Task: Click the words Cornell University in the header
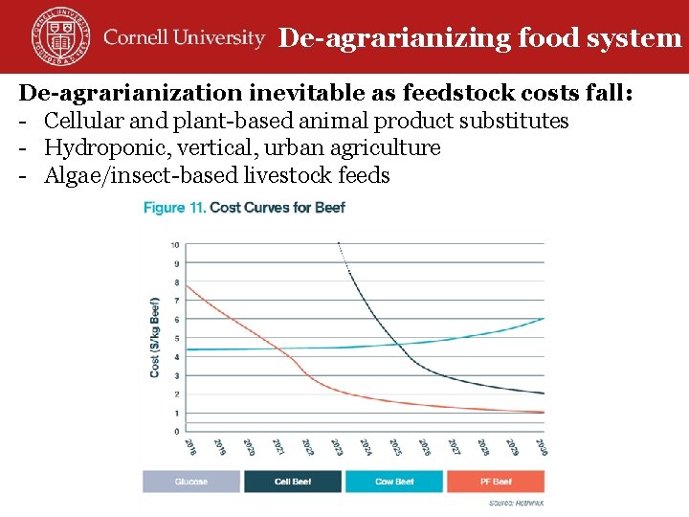coord(184,38)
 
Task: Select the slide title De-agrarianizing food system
coord(479,38)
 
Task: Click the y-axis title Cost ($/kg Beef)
coord(155,336)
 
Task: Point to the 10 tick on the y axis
coord(174,244)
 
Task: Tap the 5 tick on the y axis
coord(176,338)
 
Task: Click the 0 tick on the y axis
coord(176,432)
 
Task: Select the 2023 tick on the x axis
coord(337,447)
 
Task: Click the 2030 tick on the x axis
coord(542,447)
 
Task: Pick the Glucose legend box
coord(191,482)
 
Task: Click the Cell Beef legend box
coord(293,482)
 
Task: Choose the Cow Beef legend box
coord(394,482)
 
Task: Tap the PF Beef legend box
coord(496,482)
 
